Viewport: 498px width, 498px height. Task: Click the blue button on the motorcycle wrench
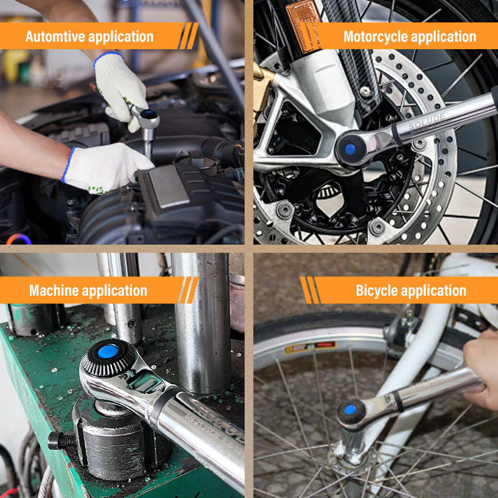(x=350, y=149)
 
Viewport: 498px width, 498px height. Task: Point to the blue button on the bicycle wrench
(x=350, y=410)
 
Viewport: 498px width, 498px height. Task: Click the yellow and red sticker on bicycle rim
(x=309, y=347)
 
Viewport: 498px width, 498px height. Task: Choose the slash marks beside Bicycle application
(x=310, y=290)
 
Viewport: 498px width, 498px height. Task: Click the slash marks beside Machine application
(x=188, y=290)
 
